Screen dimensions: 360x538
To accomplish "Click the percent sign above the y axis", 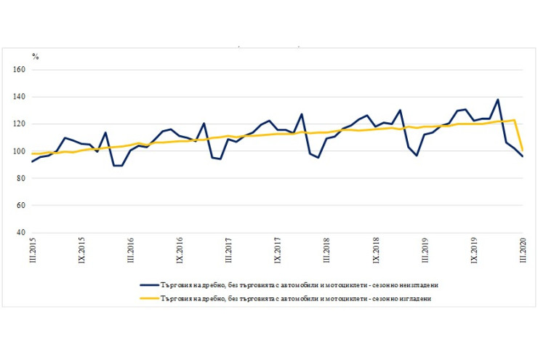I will point(35,57).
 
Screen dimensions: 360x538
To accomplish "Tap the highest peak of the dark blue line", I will point(498,100).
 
